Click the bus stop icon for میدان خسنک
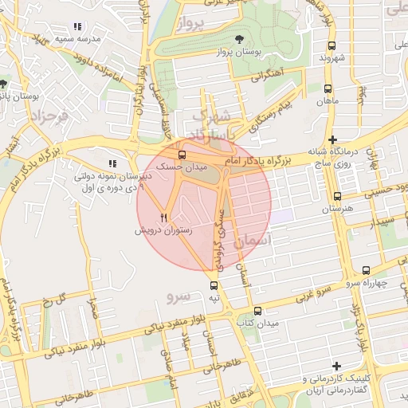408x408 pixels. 182,155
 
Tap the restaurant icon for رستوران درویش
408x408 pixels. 164,216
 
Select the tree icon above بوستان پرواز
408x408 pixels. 240,38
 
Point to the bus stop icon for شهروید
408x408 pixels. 331,45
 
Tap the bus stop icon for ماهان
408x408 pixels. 328,88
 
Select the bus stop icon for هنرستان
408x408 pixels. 338,196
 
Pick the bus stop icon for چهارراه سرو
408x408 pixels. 366,270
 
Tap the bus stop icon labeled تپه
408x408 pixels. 213,285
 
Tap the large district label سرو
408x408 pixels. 179,296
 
